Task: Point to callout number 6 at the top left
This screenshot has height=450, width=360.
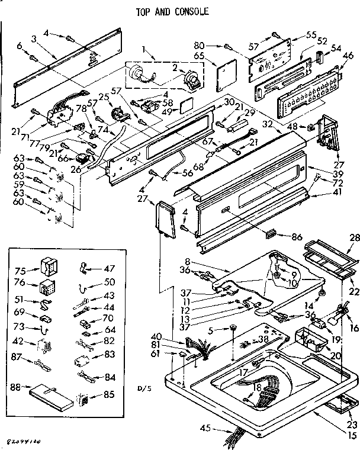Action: tap(20, 45)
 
